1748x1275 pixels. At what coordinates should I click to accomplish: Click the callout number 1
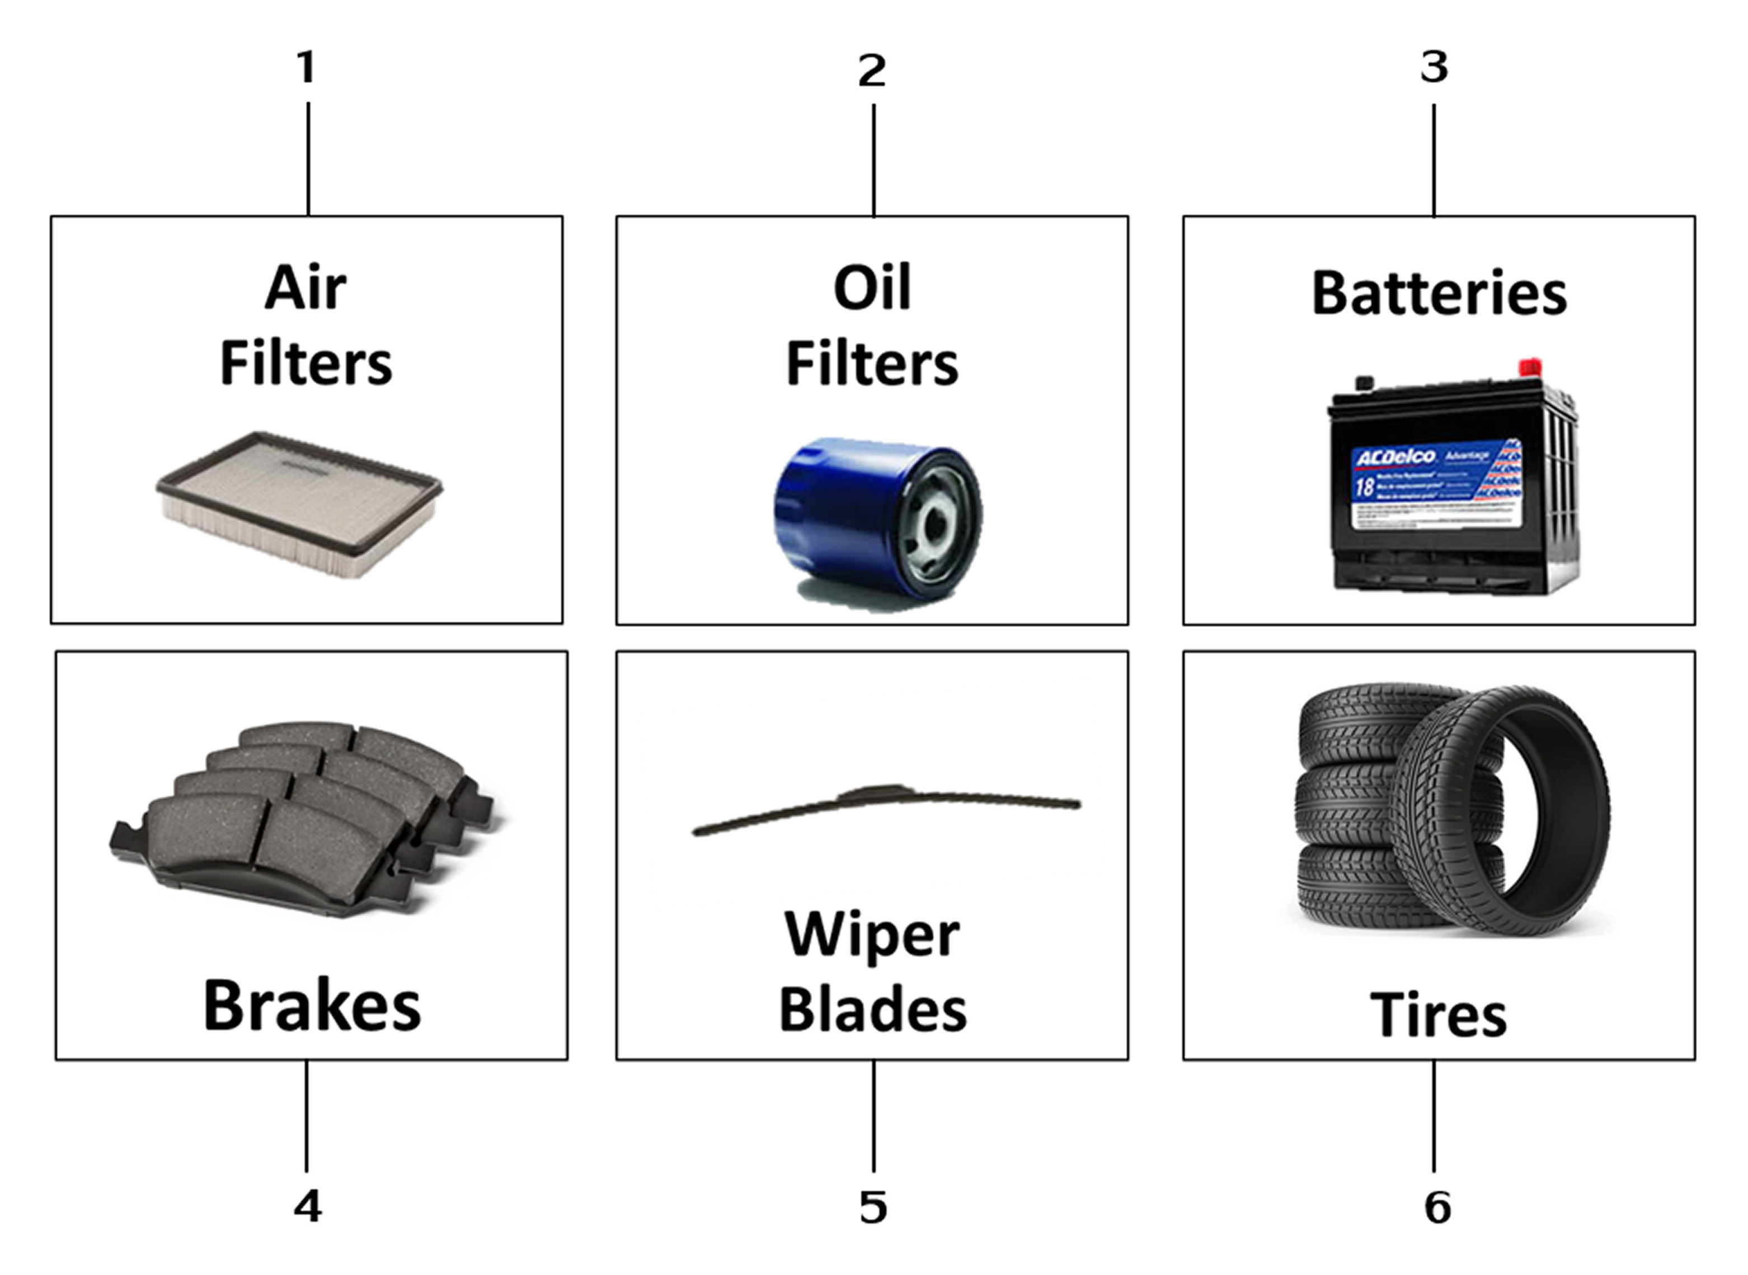pos(307,67)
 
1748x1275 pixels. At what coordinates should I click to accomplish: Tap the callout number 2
pos(872,70)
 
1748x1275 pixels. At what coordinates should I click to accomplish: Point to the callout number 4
pos(307,1206)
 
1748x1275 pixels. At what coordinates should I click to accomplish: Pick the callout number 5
pos(873,1207)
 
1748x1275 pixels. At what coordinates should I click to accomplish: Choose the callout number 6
pos(1437,1207)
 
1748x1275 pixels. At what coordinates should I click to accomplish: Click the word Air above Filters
pos(306,288)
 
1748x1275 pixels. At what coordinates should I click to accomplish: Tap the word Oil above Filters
pos(872,288)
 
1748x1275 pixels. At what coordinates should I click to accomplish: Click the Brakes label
pos(312,1005)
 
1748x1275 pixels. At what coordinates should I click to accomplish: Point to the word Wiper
pos(872,934)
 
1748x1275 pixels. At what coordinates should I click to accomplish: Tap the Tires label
pos(1439,1014)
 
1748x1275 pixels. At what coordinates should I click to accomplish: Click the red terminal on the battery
pos(1530,367)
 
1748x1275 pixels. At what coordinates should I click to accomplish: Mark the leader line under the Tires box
pos(1434,1115)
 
